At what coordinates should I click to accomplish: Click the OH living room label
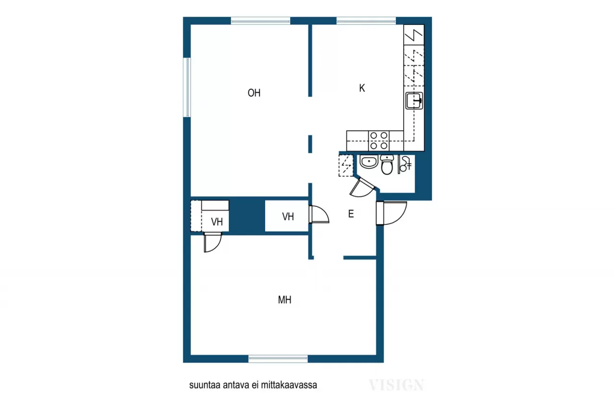[x=254, y=93]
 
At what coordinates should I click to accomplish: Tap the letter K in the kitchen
[x=362, y=88]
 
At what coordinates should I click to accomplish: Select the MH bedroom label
[x=285, y=300]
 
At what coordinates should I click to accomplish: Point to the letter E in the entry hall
[x=351, y=214]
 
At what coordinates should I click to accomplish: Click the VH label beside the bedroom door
[x=217, y=222]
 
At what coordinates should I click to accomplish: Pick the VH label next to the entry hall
[x=288, y=217]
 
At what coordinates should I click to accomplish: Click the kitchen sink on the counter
[x=414, y=101]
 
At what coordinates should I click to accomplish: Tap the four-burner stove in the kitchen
[x=379, y=140]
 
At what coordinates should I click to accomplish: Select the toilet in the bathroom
[x=387, y=164]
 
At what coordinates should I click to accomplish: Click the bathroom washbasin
[x=369, y=162]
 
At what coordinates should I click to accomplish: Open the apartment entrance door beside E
[x=391, y=212]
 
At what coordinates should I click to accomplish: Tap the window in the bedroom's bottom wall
[x=278, y=359]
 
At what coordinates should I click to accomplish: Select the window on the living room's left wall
[x=187, y=87]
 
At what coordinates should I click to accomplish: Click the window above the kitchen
[x=366, y=21]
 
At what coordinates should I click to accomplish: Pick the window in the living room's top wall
[x=260, y=21]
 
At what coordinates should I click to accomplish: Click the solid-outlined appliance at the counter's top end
[x=414, y=35]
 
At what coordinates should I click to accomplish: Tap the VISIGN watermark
[x=396, y=385]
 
